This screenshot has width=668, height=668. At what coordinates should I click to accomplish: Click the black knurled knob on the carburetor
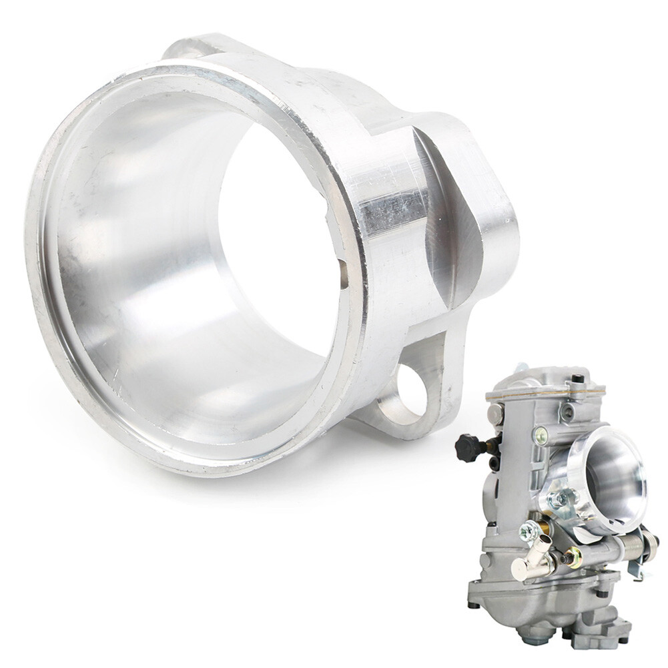click(x=468, y=446)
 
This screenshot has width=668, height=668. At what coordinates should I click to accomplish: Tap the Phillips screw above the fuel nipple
click(x=529, y=531)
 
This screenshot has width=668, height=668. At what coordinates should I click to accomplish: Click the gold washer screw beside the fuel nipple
click(x=573, y=557)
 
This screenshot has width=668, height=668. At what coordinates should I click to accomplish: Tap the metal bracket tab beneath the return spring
click(x=635, y=567)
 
